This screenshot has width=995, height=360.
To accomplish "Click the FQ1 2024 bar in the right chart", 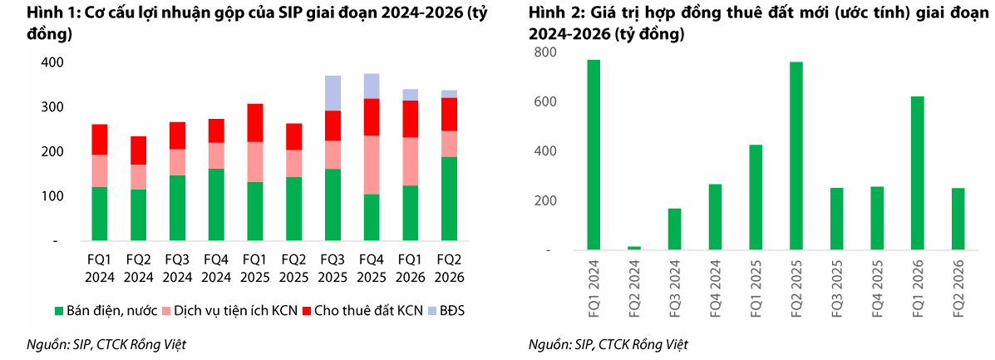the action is point(594,155).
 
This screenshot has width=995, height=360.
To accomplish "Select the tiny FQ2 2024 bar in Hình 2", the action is point(634,248).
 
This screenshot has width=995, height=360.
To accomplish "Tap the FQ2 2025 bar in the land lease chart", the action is point(796,155).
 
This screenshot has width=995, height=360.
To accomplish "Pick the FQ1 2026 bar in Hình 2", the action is point(918,173).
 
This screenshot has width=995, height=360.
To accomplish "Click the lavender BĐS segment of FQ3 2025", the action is point(332,92).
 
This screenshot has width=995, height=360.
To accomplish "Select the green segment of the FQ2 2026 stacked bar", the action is point(449,199).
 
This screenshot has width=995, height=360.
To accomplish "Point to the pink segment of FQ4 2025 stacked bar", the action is point(372,165).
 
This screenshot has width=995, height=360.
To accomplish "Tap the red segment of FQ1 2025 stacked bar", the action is point(255,122).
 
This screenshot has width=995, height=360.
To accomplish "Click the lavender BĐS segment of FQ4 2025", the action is point(372,86).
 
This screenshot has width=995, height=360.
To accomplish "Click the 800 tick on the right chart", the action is point(544,52).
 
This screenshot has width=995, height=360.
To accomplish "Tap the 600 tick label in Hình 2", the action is point(544,101).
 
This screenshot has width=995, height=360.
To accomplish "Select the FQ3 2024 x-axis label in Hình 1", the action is point(178,269).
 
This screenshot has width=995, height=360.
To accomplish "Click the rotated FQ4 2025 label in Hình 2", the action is point(878,288).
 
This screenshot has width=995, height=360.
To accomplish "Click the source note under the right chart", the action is point(608,345).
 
